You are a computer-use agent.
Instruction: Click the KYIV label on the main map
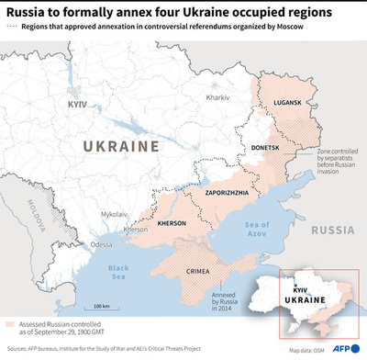pos(76,105)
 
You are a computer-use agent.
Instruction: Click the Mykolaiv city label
pos(115,213)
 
